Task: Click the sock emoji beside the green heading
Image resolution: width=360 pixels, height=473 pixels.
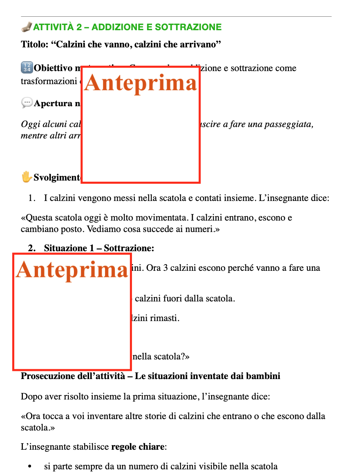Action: pyautogui.click(x=26, y=27)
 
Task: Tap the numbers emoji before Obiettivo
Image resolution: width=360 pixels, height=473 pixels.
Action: pyautogui.click(x=26, y=68)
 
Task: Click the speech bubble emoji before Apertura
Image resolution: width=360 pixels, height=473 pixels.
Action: pyautogui.click(x=27, y=103)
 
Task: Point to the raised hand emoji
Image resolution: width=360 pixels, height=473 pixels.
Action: pyautogui.click(x=27, y=177)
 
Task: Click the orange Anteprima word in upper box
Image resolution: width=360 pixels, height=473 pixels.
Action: pyautogui.click(x=141, y=83)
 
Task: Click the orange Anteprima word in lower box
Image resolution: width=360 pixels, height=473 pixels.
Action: pyautogui.click(x=72, y=270)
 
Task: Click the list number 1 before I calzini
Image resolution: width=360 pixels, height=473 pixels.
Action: pyautogui.click(x=31, y=199)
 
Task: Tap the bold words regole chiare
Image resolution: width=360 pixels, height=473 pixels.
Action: pyautogui.click(x=138, y=447)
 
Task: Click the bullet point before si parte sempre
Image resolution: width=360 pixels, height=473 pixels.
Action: pyautogui.click(x=29, y=466)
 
